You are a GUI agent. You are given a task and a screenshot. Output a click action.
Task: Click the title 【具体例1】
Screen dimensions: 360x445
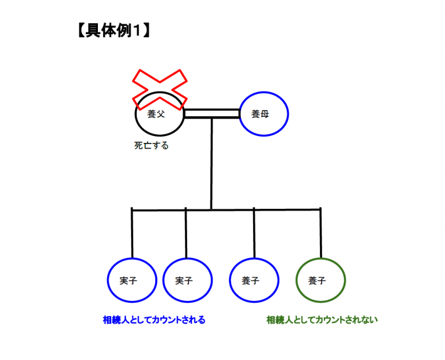point(114,30)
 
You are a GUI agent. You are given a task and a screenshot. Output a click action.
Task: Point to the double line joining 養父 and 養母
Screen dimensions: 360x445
point(211,113)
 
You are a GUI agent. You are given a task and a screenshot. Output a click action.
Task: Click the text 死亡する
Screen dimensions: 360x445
point(151,146)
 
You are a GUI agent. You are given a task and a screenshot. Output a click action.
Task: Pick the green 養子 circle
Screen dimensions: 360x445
point(320,281)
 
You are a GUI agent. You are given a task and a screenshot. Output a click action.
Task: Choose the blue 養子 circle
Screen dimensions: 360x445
point(254,281)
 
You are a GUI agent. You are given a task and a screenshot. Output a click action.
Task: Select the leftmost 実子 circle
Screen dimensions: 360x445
point(132,281)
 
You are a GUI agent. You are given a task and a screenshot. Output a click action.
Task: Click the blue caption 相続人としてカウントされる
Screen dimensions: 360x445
point(154,319)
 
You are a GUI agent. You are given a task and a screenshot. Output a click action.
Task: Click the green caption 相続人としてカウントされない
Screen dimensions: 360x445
point(322,319)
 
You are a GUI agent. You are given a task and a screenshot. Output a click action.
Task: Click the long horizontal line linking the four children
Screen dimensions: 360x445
point(226,208)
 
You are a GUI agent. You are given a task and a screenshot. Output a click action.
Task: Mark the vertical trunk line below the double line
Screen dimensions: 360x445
point(211,162)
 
